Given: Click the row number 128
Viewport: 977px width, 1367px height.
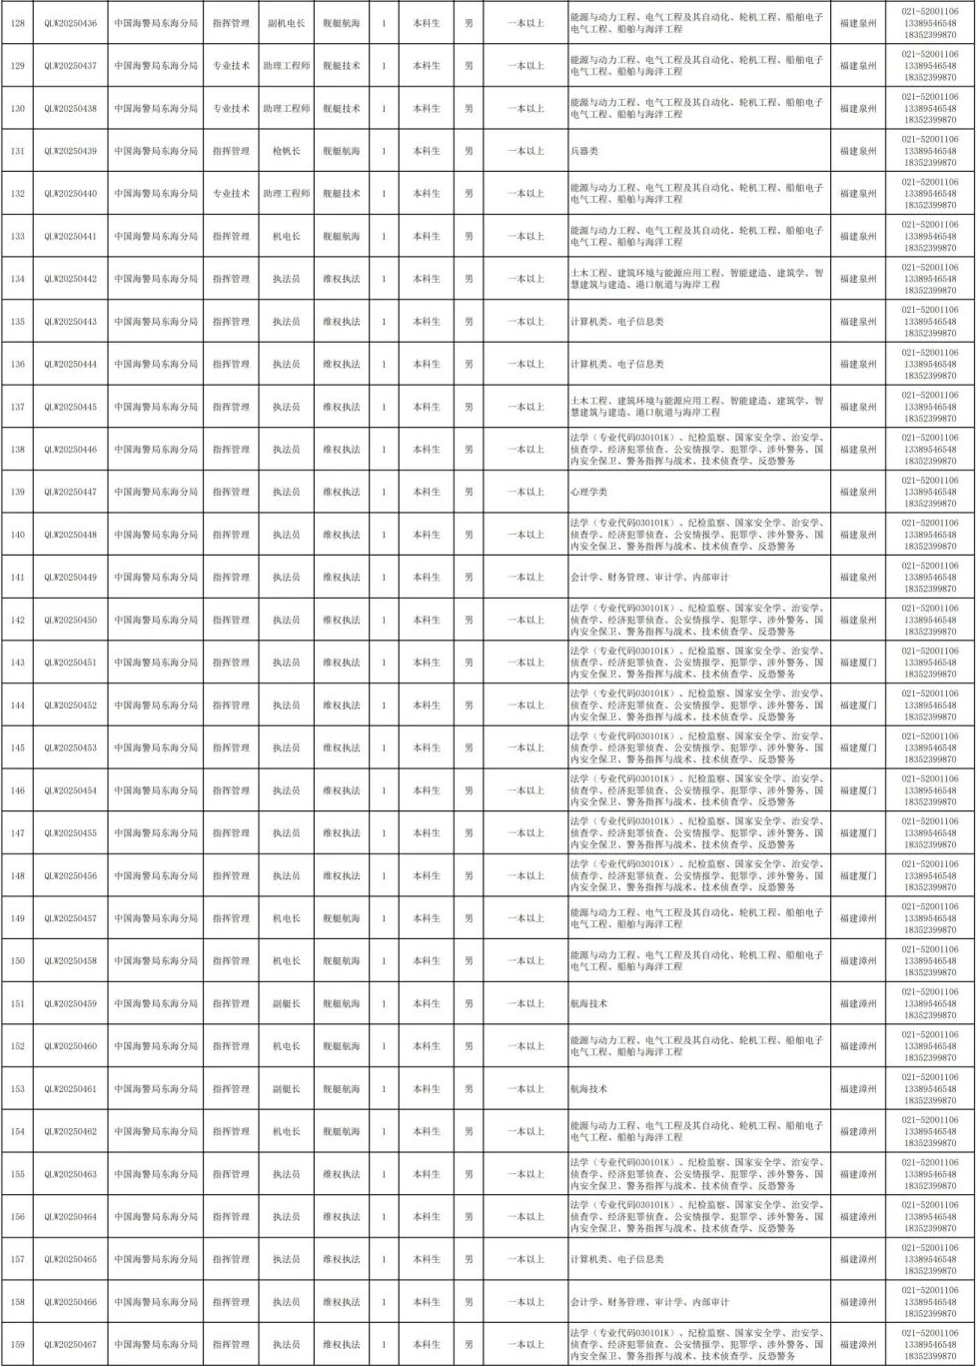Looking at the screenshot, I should click(x=16, y=23).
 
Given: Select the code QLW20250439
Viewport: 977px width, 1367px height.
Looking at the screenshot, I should click(x=70, y=151).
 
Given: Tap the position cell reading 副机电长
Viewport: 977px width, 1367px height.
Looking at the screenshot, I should click(x=286, y=23).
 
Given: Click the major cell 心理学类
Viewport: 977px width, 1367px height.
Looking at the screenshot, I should click(x=588, y=492).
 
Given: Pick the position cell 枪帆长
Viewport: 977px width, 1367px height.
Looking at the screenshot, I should click(x=286, y=151).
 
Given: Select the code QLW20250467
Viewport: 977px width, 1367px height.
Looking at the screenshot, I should click(x=70, y=1344).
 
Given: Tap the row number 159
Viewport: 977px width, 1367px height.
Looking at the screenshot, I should click(x=16, y=1344).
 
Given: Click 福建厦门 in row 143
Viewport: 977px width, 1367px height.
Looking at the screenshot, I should click(x=857, y=663).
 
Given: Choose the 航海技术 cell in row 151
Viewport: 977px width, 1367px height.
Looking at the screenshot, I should click(x=588, y=1003).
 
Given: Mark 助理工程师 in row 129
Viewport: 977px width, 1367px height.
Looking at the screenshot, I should click(x=286, y=66).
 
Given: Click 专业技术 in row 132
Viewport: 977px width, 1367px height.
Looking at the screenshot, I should click(x=231, y=193).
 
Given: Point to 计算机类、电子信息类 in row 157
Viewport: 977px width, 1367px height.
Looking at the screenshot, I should click(x=616, y=1259).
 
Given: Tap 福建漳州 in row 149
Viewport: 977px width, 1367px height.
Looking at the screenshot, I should click(x=857, y=918).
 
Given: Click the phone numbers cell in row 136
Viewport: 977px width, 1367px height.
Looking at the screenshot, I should click(x=929, y=364).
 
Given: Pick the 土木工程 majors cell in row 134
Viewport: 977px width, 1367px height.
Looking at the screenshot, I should click(x=696, y=279).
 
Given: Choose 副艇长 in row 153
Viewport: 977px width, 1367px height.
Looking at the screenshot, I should click(x=286, y=1088).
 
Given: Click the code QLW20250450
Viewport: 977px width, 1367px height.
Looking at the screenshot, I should click(x=70, y=620).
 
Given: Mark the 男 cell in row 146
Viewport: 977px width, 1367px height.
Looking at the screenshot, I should click(x=469, y=790).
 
